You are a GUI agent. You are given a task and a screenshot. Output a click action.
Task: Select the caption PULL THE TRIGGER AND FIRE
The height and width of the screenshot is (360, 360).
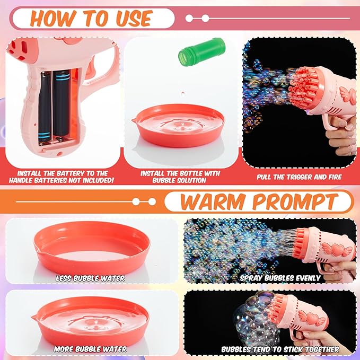point(299,177)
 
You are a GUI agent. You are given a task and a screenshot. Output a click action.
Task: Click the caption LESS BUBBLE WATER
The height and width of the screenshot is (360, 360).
point(91,278)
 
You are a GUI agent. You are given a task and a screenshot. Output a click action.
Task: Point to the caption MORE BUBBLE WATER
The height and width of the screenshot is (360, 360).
point(91,349)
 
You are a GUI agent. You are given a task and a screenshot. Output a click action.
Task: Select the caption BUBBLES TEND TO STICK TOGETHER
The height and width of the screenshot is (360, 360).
point(280,349)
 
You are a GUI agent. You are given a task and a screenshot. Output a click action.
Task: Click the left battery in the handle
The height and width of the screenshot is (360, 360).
point(45,106)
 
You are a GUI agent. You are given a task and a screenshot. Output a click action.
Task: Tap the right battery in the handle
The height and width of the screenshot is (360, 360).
point(64,106)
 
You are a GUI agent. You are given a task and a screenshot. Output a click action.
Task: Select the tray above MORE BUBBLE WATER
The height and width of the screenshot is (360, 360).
point(90,318)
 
